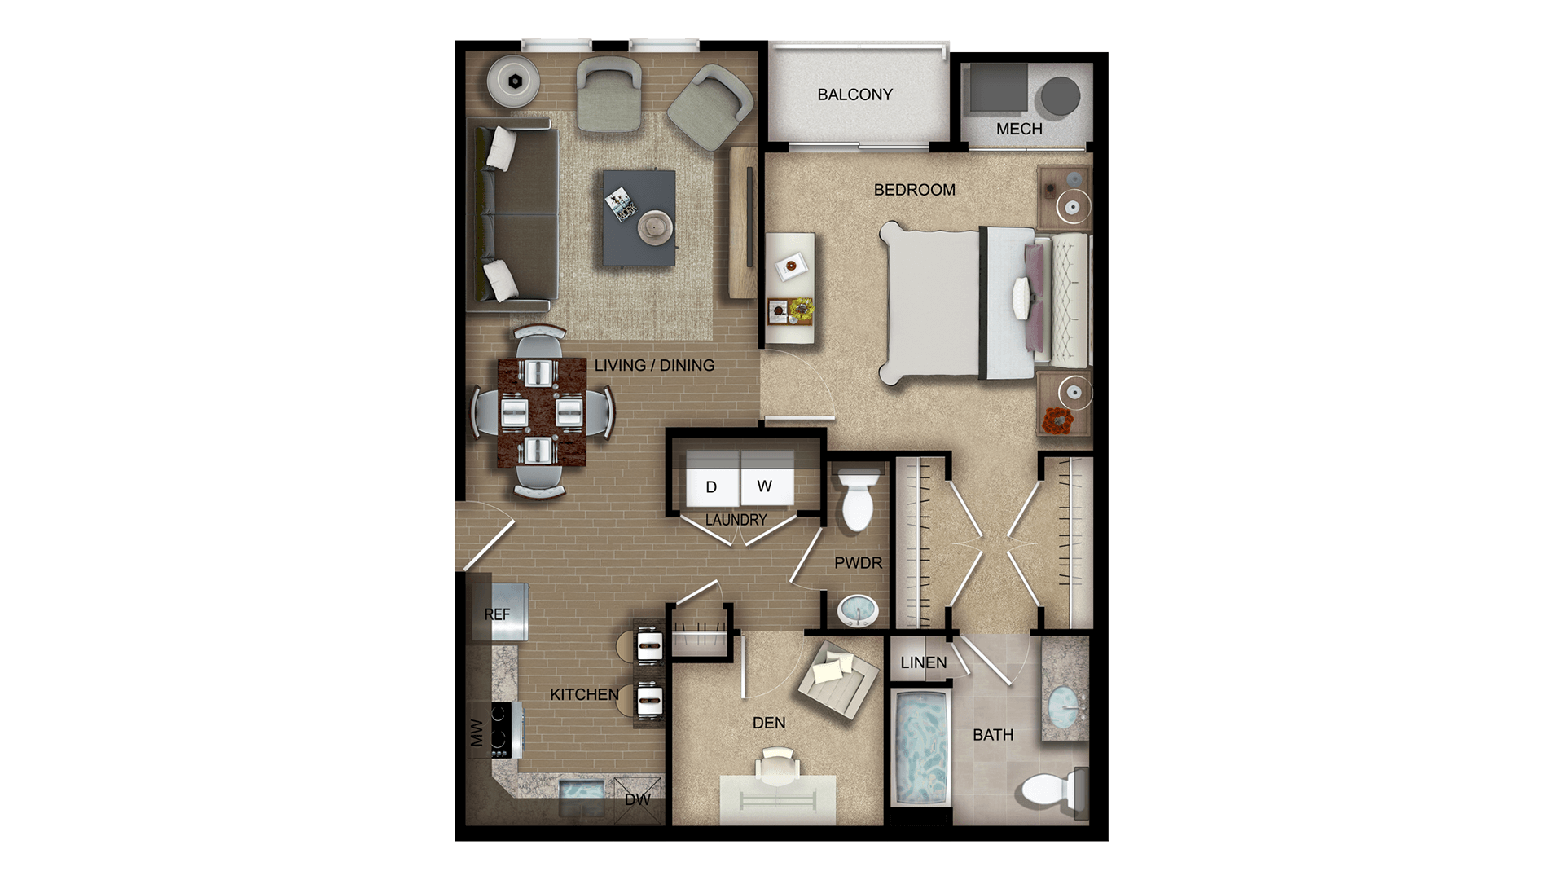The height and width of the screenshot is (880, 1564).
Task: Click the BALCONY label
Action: [x=854, y=95]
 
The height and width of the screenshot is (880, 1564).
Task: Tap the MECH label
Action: [x=1019, y=129]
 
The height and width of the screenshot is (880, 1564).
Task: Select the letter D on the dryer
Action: [x=711, y=487]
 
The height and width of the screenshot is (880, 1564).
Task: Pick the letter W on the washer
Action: [x=764, y=486]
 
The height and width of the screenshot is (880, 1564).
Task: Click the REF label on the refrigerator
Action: [x=497, y=614]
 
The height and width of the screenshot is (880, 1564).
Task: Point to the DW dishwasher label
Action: [x=637, y=799]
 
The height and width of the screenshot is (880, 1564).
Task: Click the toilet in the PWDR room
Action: [x=857, y=499]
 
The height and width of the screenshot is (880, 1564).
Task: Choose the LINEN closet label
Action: [x=924, y=662]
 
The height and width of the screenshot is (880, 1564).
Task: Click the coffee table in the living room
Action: [x=639, y=217]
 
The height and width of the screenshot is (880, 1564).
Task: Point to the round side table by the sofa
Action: [x=516, y=81]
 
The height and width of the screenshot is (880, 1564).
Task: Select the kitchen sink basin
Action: [x=582, y=790]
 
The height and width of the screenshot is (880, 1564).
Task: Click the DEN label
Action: [x=769, y=723]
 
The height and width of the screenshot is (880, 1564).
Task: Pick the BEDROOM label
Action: [x=914, y=190]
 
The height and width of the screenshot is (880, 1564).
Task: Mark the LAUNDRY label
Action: [x=736, y=520]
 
